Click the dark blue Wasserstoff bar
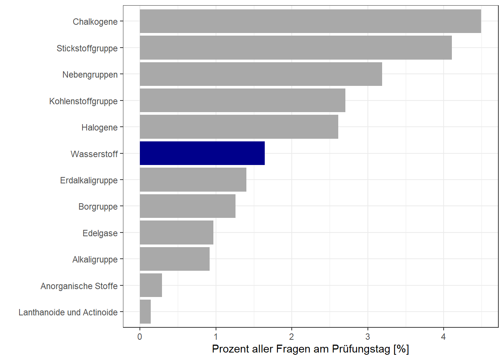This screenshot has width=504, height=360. [x=202, y=153]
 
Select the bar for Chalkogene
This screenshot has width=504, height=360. [x=310, y=21]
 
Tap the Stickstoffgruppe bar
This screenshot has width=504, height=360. [x=295, y=48]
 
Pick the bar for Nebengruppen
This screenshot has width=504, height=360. [x=261, y=74]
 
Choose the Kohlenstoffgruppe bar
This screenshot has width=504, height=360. [x=242, y=100]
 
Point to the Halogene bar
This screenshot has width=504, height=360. [x=239, y=127]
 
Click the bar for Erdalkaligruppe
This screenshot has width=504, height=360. [x=193, y=180]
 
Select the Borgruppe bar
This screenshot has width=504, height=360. [x=187, y=206]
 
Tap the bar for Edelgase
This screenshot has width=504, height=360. [x=176, y=232]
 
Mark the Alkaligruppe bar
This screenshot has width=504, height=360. [x=174, y=259]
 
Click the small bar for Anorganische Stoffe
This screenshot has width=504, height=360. [x=151, y=285]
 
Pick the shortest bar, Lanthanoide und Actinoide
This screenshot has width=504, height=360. [x=145, y=312]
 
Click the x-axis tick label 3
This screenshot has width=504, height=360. [x=367, y=337]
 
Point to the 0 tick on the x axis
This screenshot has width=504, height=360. [x=140, y=337]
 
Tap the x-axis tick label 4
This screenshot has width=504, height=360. [x=443, y=337]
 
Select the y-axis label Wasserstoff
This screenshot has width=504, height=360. [x=94, y=154]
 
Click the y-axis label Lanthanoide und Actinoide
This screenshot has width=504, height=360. [x=68, y=312]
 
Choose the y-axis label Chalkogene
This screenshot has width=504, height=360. [x=95, y=22]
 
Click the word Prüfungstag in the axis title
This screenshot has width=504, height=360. [x=361, y=349]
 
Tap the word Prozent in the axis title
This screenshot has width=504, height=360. [x=230, y=349]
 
